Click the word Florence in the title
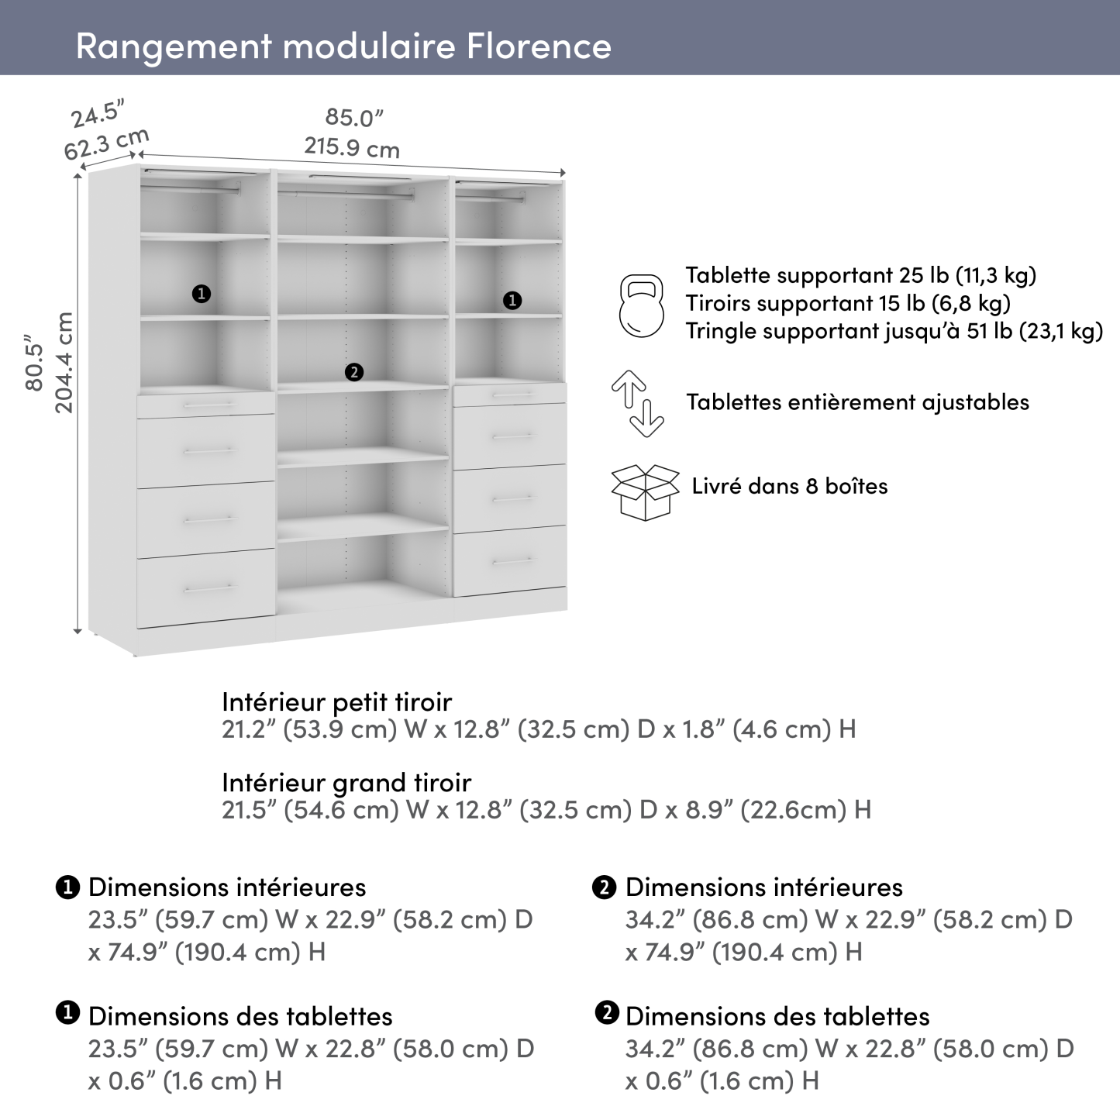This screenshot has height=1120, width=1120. (539, 46)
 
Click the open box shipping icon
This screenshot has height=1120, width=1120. (645, 491)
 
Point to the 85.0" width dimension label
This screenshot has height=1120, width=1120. (354, 118)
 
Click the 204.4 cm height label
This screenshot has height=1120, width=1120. (65, 362)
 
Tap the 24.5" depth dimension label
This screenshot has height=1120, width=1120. (98, 114)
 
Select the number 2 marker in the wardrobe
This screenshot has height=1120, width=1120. (353, 373)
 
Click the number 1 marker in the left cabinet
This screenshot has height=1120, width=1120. (202, 294)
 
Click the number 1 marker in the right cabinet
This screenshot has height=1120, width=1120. (512, 301)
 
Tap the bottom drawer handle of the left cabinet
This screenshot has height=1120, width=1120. (208, 589)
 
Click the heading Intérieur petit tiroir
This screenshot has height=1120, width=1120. (336, 701)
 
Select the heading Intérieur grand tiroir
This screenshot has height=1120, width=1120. (346, 782)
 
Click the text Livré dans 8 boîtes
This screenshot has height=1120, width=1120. (789, 486)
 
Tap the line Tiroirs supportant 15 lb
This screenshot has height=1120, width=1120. (847, 303)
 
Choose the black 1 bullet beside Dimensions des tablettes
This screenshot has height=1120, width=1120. (68, 1013)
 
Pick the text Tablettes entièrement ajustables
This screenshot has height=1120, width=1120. (857, 402)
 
